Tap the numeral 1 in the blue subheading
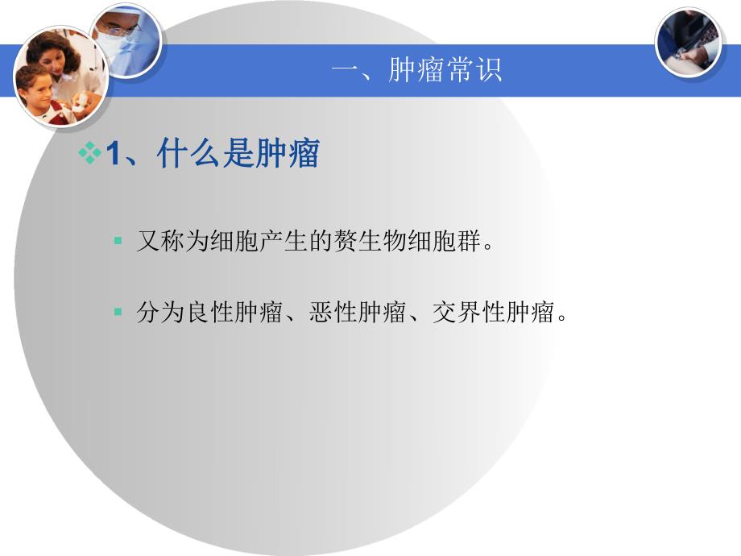click(x=114, y=154)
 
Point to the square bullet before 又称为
click(x=118, y=241)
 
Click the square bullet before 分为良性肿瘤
click(x=118, y=312)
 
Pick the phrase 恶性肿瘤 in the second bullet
click(x=358, y=313)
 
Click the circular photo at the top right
click(x=688, y=42)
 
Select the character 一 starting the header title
click(x=344, y=70)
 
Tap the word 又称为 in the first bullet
click(x=173, y=242)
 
